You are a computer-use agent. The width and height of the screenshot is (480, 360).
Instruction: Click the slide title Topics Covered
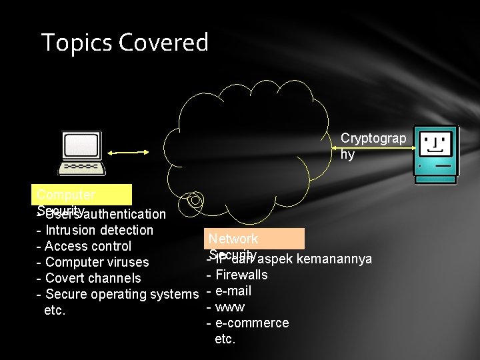(125, 43)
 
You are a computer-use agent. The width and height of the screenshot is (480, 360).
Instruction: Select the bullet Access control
(88, 247)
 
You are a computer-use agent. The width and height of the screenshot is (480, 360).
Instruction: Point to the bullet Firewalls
(241, 275)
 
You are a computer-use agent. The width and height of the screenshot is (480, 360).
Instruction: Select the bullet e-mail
(233, 291)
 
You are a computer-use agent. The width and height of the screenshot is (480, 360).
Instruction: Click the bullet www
(229, 307)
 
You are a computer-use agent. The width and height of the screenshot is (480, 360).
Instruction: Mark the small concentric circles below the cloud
(195, 199)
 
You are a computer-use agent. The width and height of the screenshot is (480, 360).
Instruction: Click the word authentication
(125, 214)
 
